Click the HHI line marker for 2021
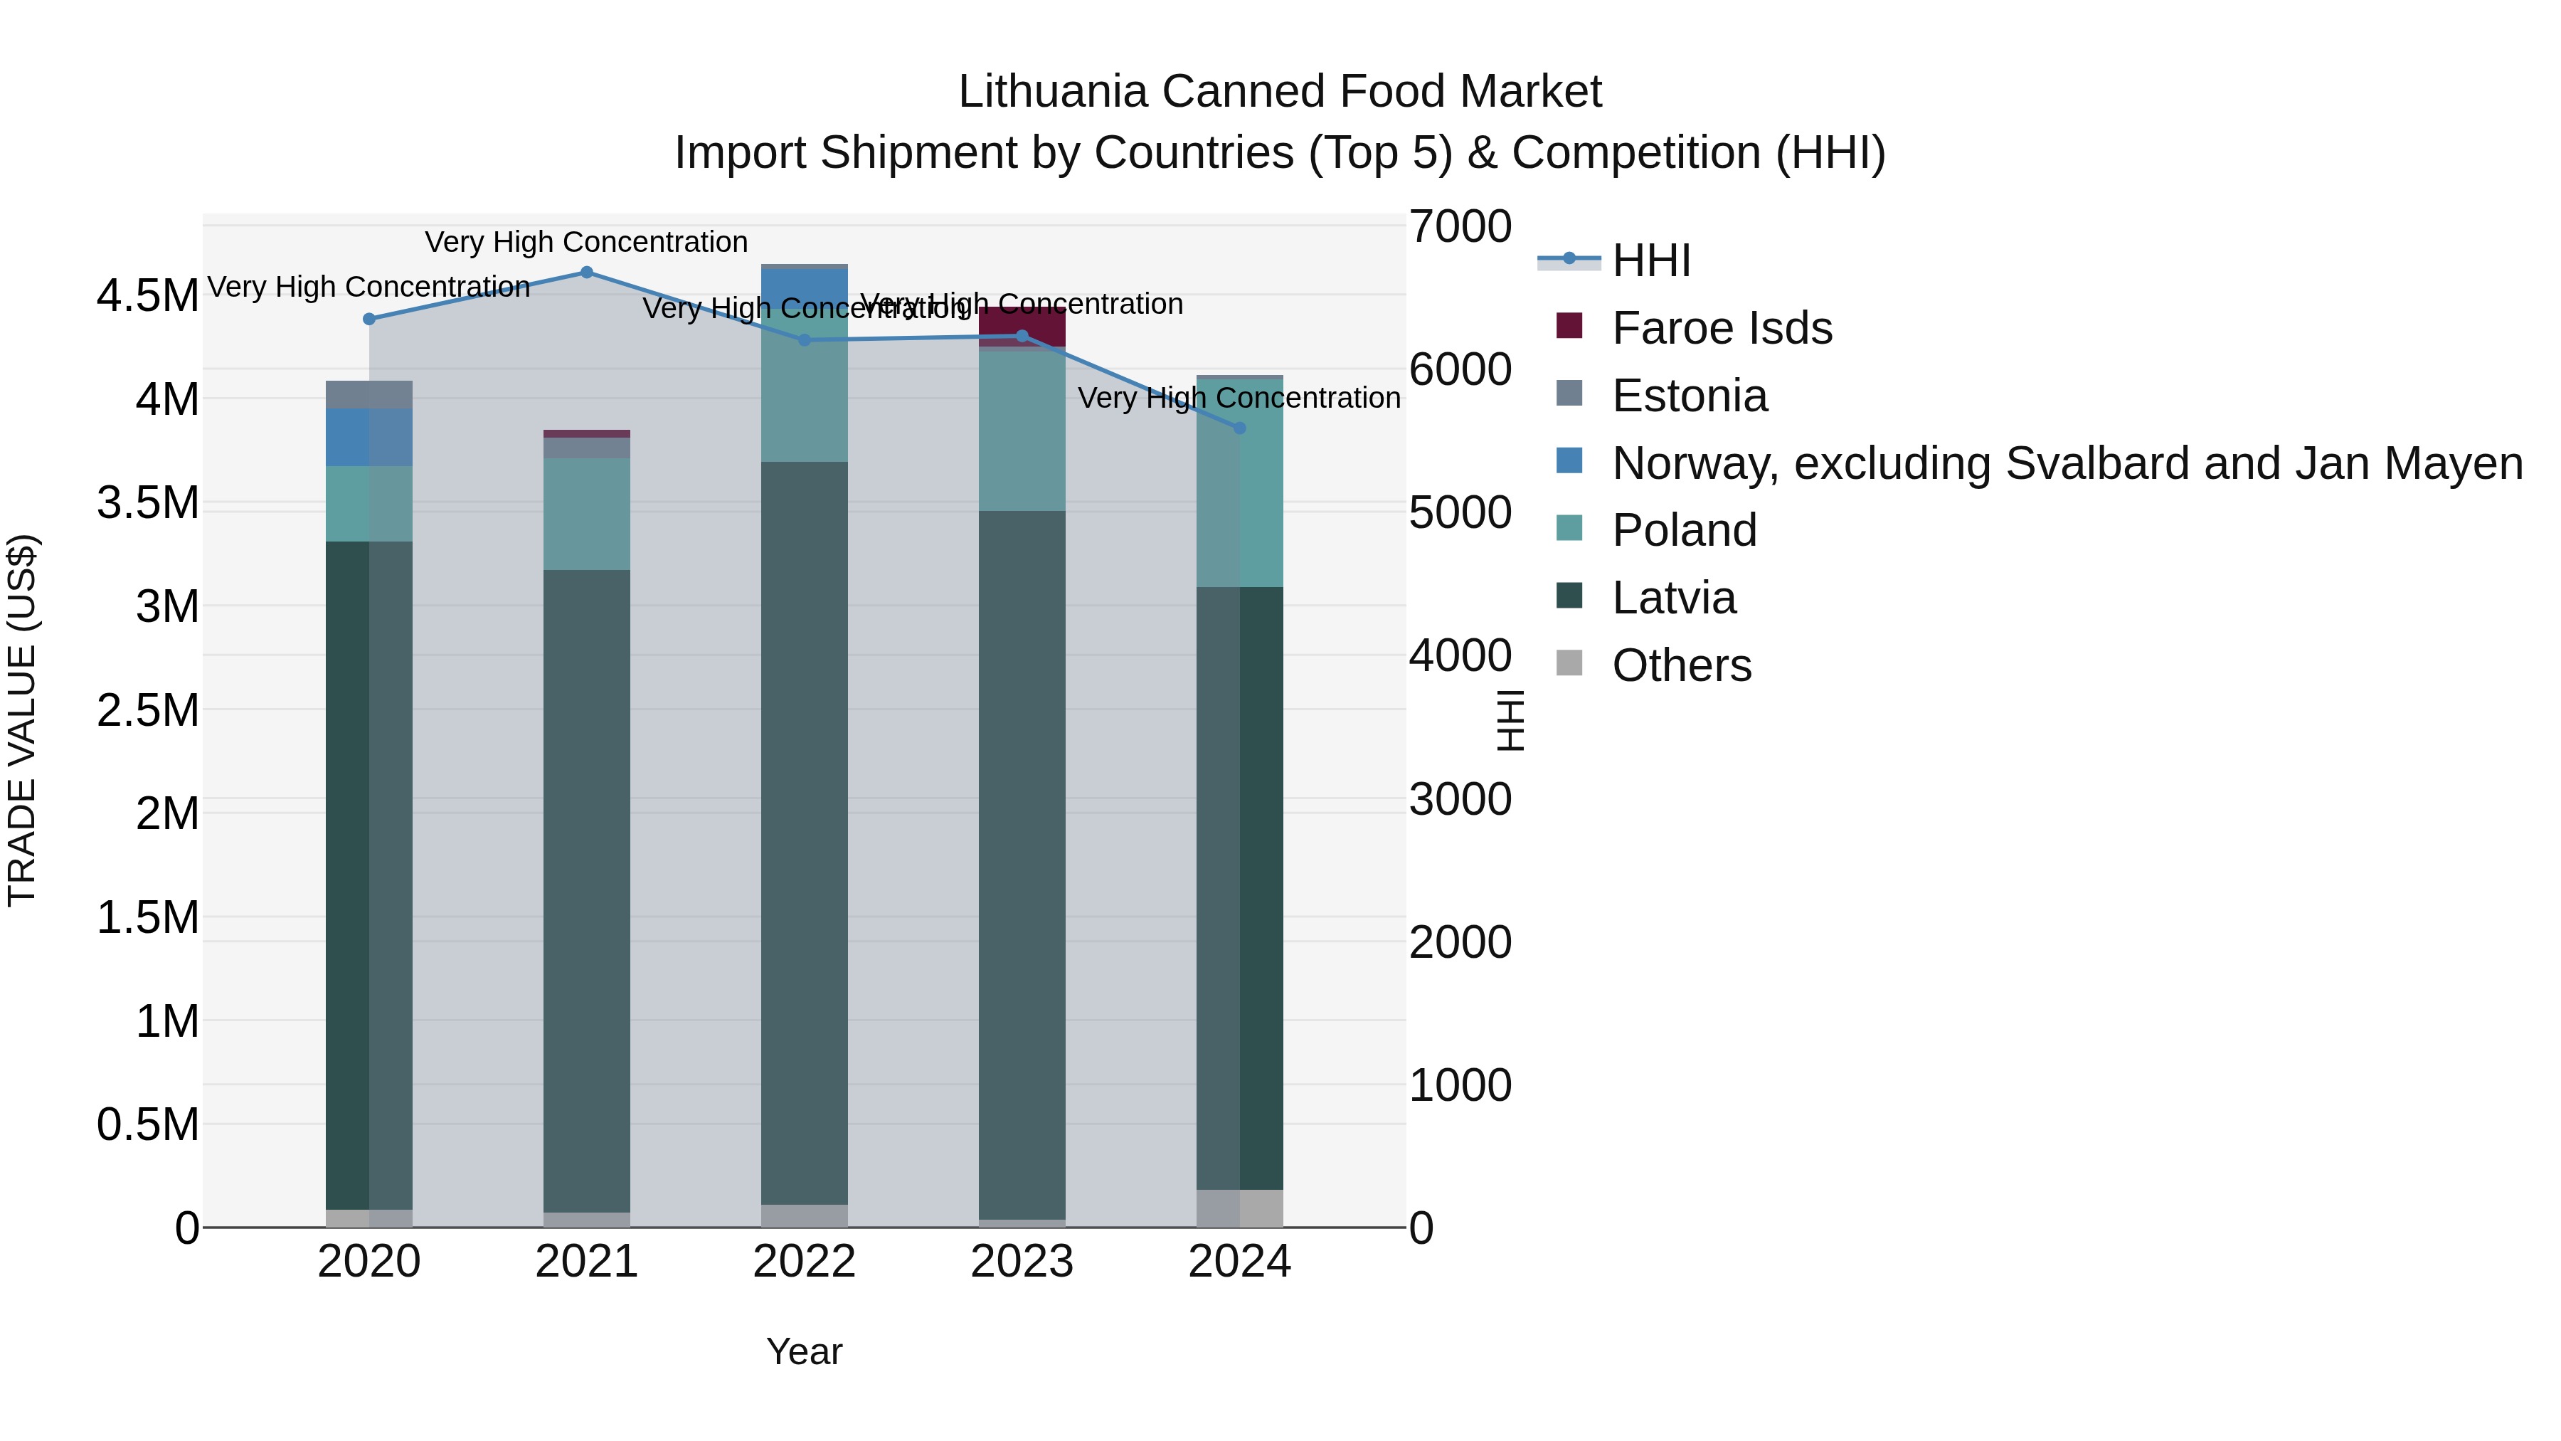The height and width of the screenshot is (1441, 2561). (587, 273)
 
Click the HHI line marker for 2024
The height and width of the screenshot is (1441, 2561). (1239, 428)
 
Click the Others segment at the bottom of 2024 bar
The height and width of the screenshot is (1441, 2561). (1239, 1208)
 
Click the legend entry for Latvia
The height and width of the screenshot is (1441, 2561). (1673, 598)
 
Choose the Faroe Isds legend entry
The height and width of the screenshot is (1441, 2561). (1721, 328)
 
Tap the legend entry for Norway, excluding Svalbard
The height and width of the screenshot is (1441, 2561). (2066, 463)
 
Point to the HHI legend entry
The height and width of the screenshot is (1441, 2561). (1650, 260)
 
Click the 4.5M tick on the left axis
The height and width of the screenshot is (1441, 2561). (147, 296)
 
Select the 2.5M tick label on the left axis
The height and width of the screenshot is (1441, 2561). (147, 711)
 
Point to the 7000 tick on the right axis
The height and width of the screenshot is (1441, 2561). (1460, 227)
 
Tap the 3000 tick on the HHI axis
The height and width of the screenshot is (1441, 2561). (1460, 800)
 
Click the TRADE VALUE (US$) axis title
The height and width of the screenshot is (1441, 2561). (22, 720)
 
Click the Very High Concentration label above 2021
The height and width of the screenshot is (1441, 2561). (587, 243)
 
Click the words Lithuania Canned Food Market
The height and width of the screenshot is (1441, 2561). (1280, 92)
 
